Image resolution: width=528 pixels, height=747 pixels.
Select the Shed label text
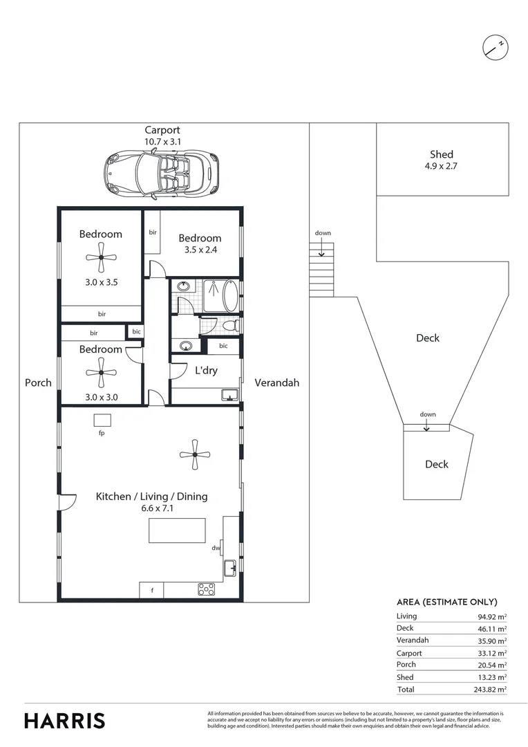coord(442,154)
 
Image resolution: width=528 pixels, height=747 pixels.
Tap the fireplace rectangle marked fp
coord(102,421)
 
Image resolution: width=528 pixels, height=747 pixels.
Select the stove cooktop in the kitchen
coord(206,589)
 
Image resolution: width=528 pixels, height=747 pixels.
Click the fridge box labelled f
coord(152,590)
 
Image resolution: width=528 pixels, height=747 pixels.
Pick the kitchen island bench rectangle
coord(177,531)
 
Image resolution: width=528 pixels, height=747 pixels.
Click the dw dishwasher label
coord(216,548)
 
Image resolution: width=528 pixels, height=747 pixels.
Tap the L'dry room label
coord(206,371)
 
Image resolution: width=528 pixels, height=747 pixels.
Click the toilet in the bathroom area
coord(231,325)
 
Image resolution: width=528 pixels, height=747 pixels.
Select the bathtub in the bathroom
coord(231,295)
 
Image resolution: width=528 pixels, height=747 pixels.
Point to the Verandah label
coord(276,382)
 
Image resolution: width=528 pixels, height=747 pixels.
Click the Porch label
coord(38,382)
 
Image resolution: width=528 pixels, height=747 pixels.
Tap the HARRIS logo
coord(65,720)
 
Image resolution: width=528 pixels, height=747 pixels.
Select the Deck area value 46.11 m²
coord(492,629)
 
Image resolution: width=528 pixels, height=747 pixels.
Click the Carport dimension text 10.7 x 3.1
coord(162,141)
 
